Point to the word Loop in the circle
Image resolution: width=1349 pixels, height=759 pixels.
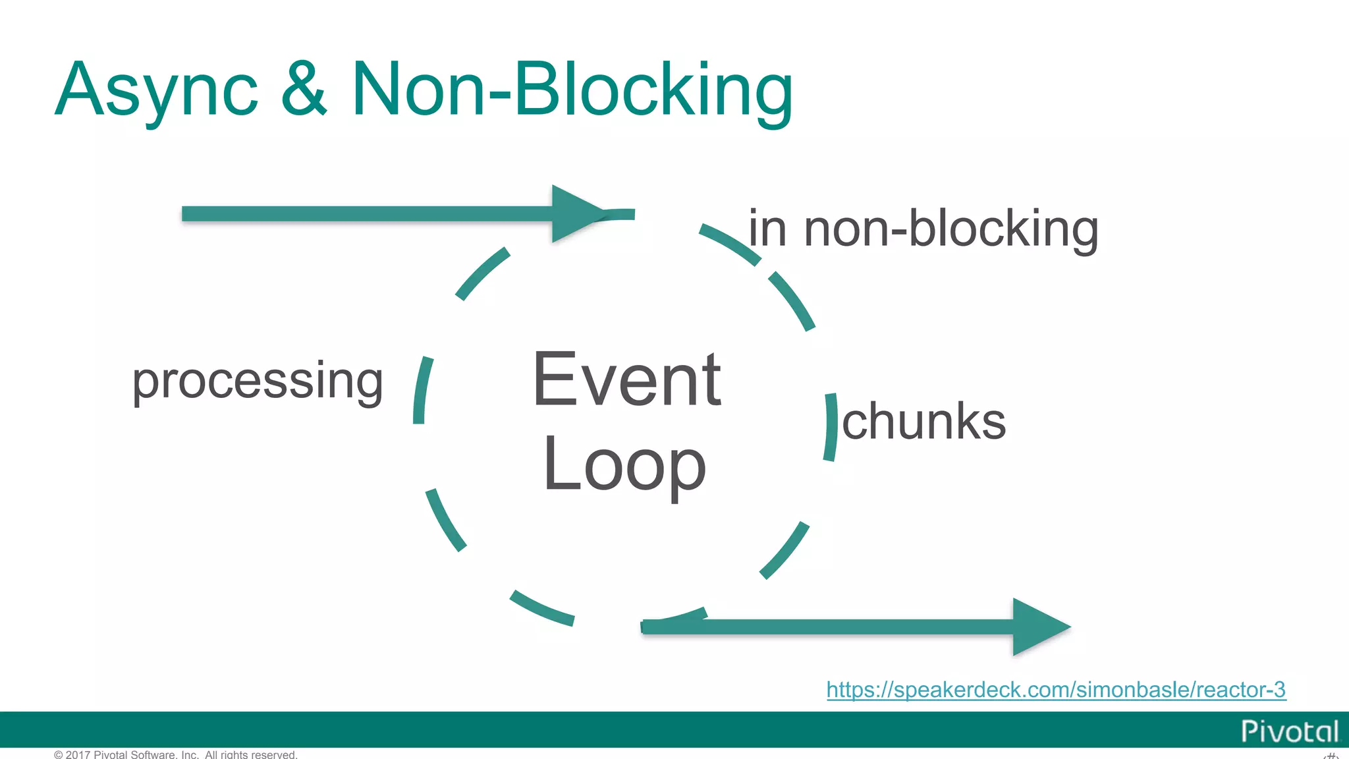pos(624,465)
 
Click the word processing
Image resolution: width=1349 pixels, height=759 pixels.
pos(258,382)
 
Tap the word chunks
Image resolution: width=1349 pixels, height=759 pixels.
pos(923,422)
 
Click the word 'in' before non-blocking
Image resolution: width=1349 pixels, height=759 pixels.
pos(767,229)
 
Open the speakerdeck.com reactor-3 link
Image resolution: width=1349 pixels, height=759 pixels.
pos(1056,689)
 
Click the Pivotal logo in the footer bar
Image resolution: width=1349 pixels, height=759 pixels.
pos(1289,731)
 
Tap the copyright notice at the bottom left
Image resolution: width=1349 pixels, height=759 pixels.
pos(176,754)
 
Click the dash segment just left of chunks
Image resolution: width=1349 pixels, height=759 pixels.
pos(831,427)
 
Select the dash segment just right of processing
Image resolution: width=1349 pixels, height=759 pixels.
pos(422,390)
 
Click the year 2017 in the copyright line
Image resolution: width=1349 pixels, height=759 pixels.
pos(78,754)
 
